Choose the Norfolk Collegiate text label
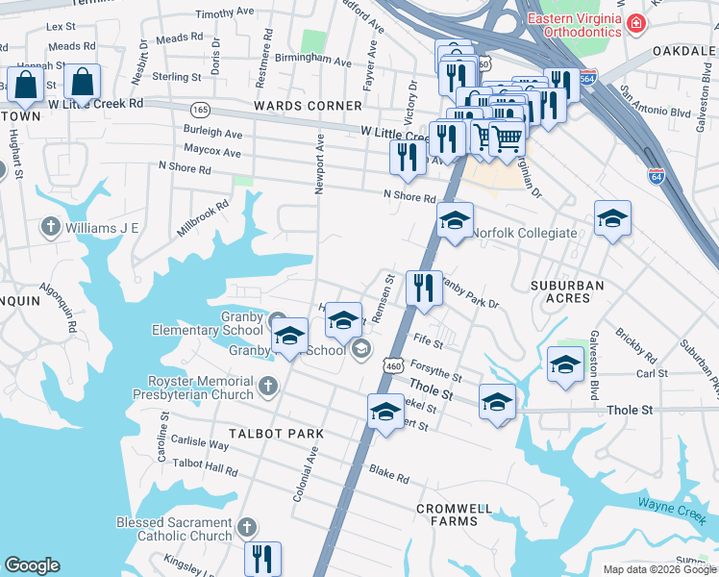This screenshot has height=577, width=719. (x=524, y=233)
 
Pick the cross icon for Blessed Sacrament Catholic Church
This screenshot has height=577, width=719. (x=247, y=527)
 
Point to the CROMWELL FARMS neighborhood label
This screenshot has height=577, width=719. (x=454, y=514)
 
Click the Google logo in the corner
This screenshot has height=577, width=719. (x=32, y=565)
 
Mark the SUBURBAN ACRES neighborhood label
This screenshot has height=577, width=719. (x=567, y=291)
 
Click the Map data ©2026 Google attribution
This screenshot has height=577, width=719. (x=657, y=569)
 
